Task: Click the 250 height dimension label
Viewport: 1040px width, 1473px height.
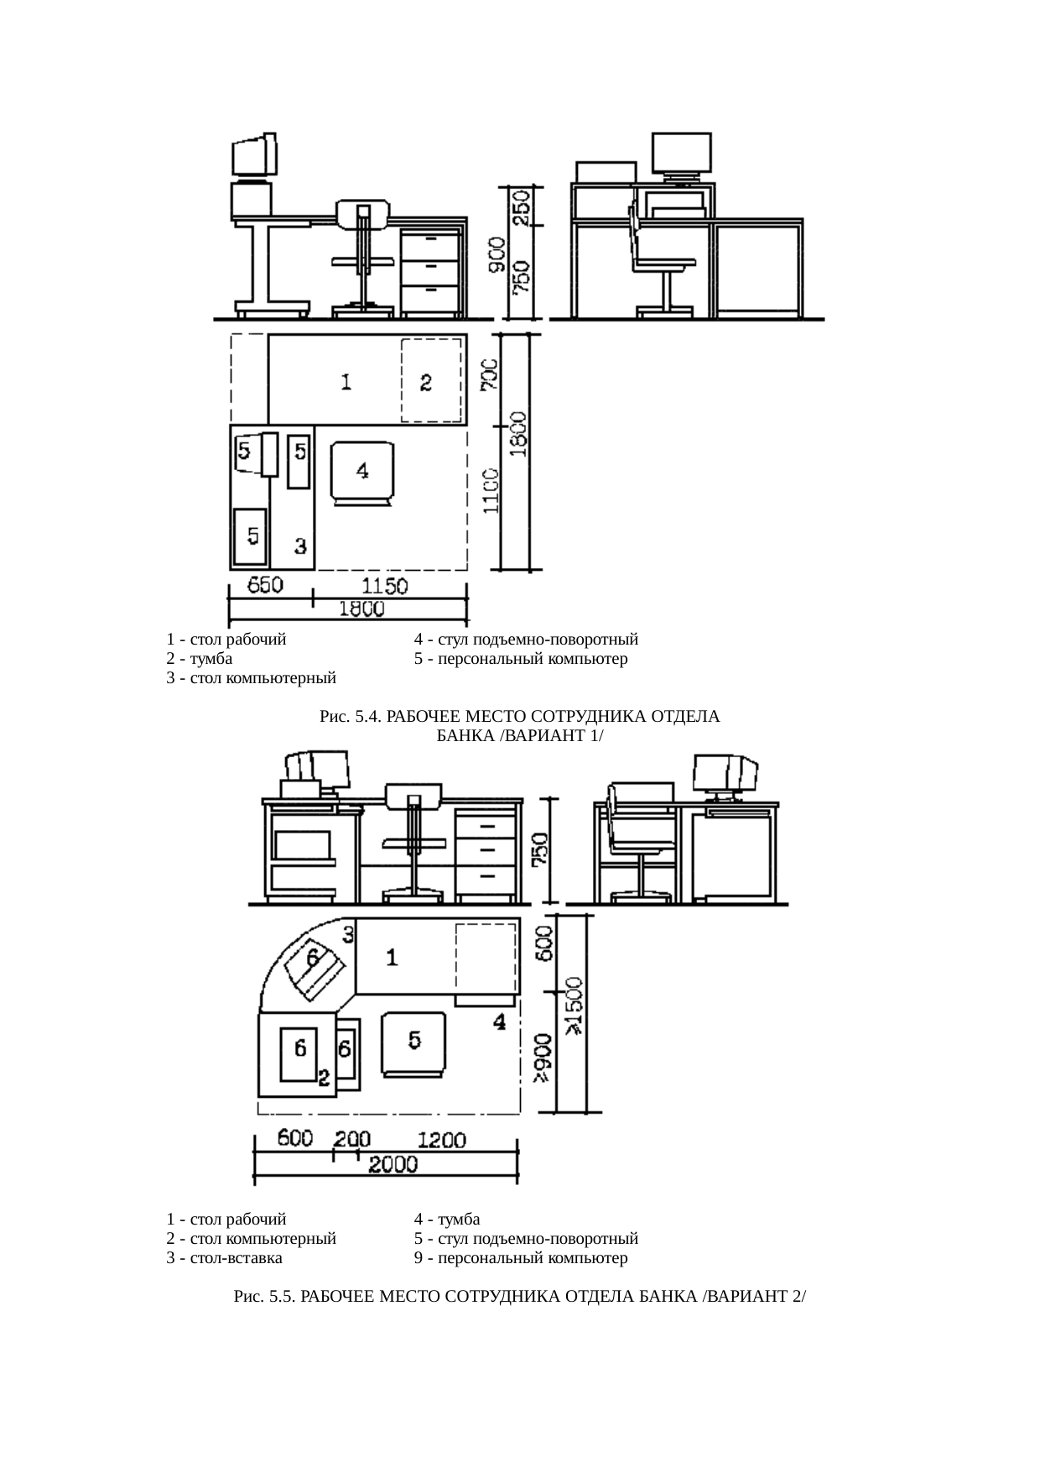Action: tap(522, 206)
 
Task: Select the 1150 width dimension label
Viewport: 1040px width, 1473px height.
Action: tap(384, 585)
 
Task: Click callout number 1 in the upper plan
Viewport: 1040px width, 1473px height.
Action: tap(346, 383)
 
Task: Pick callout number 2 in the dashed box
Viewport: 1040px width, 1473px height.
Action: tap(426, 383)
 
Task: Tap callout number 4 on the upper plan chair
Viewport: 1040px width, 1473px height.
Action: tap(362, 471)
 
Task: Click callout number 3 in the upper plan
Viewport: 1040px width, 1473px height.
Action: tap(300, 546)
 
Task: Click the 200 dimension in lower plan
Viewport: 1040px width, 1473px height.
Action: tap(353, 1140)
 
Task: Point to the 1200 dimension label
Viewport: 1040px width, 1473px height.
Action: tap(442, 1140)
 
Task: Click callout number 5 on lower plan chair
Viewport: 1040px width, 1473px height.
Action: tap(415, 1040)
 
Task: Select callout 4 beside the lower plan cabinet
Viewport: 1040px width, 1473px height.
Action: tap(499, 1021)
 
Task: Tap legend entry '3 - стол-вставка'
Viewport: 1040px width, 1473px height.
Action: tap(225, 1258)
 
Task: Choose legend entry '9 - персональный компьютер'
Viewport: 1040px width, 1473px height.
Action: tap(521, 1258)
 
